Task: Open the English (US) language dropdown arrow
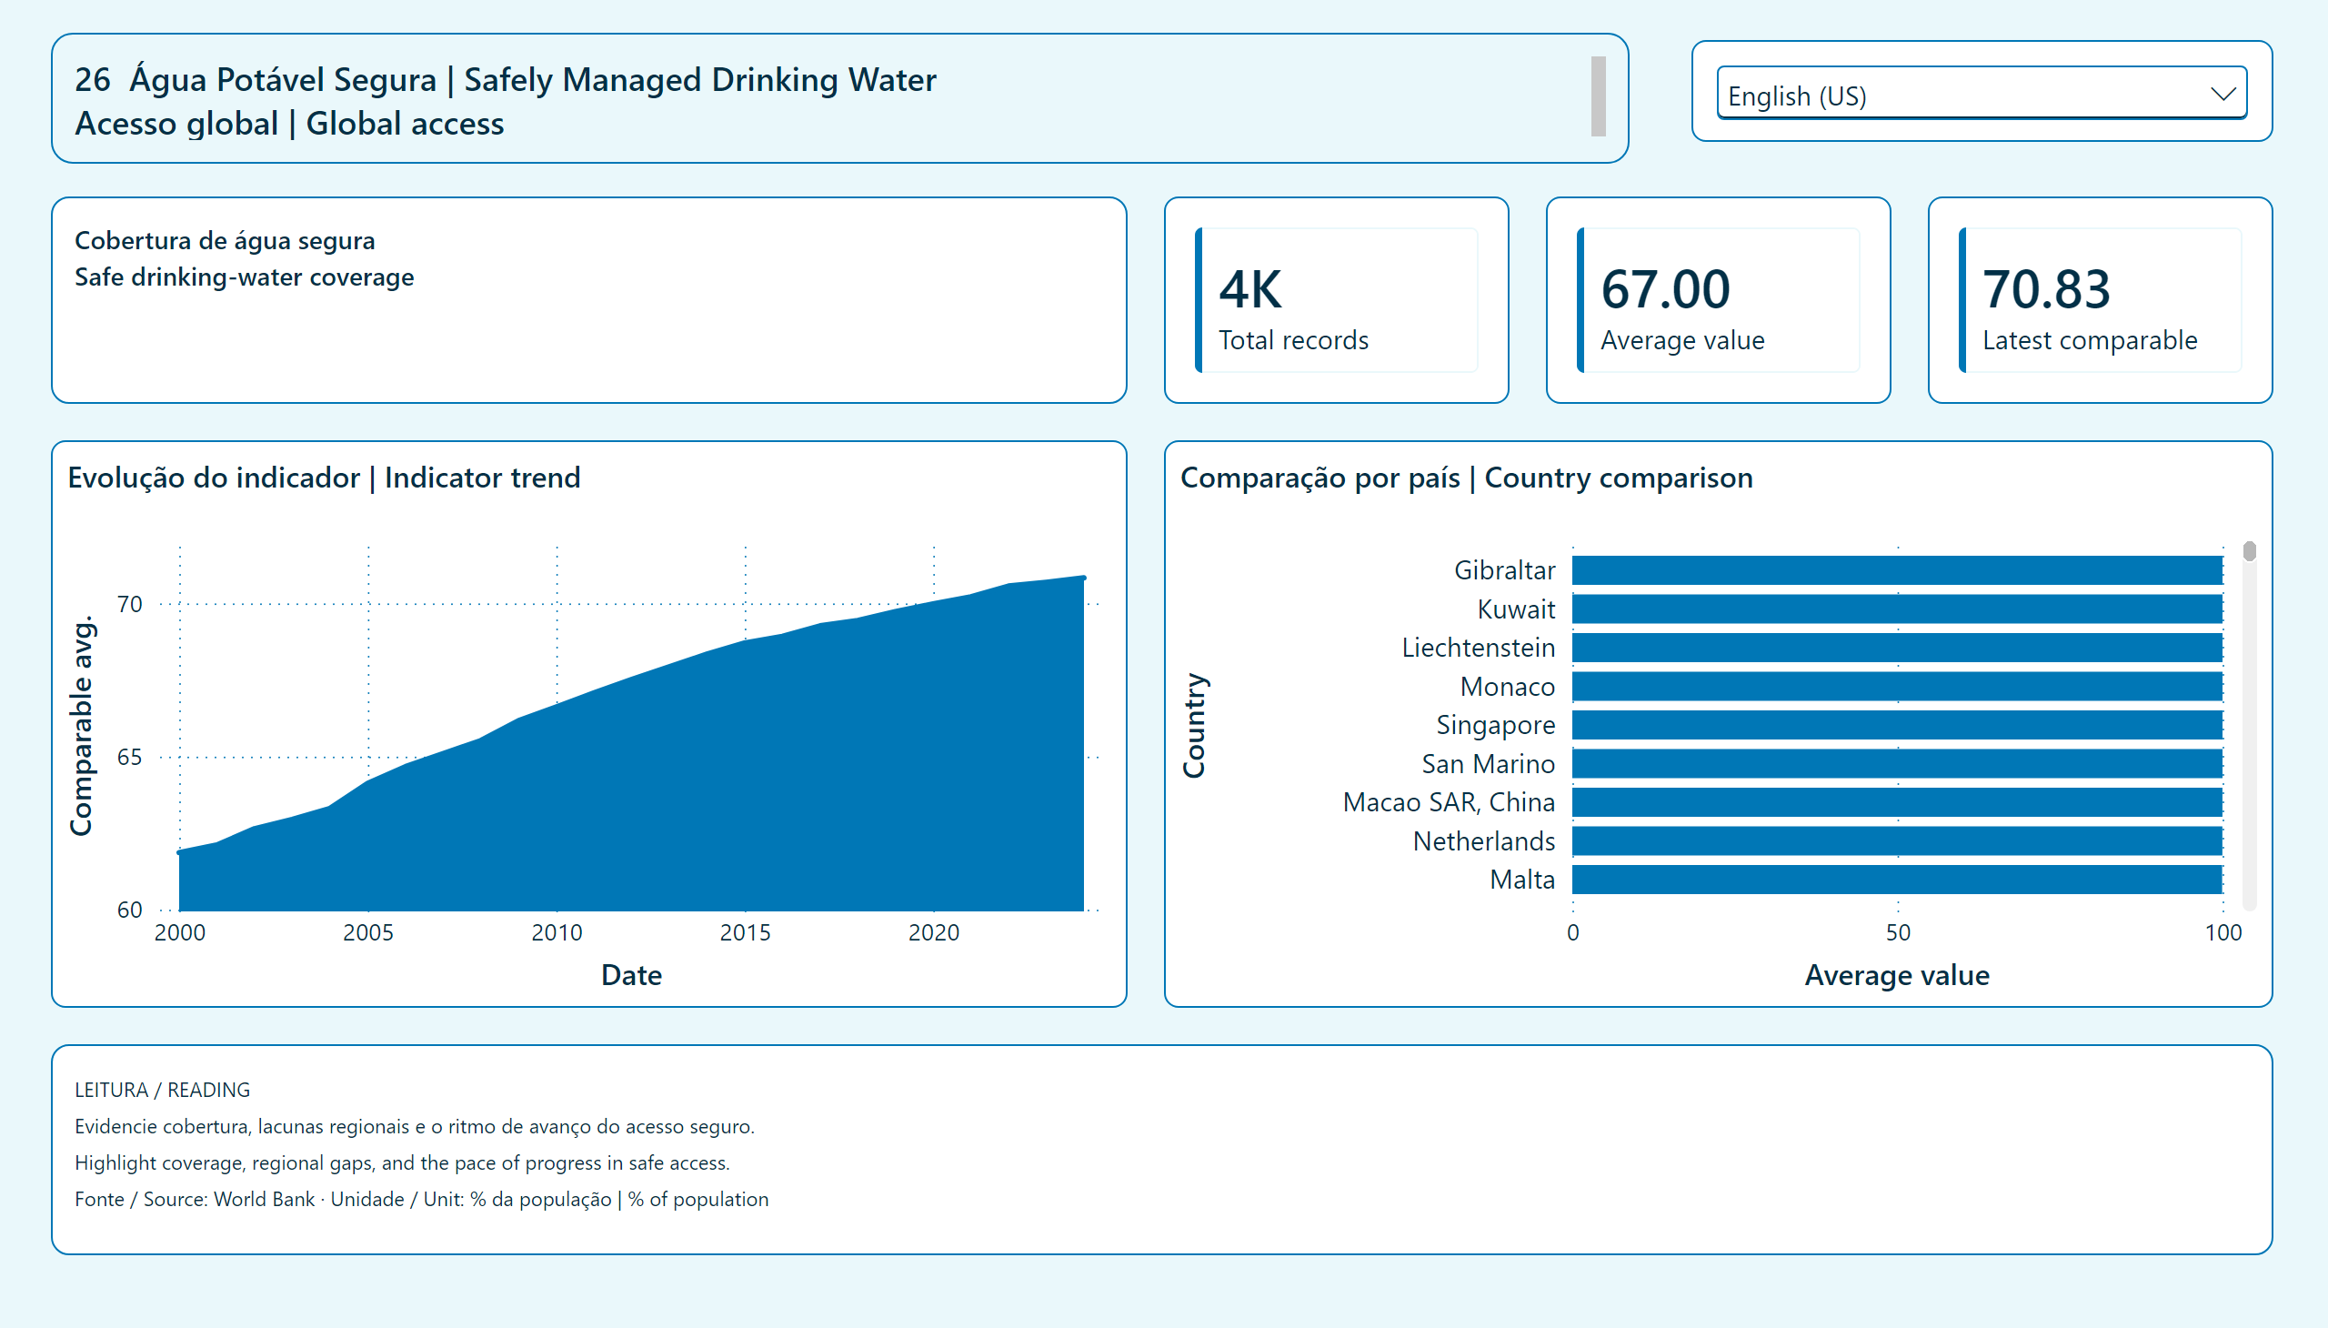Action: pos(2223,94)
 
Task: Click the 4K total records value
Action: pos(1250,289)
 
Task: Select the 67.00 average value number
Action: pos(1665,289)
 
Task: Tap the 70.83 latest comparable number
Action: pos(2046,289)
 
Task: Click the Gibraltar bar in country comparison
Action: pos(1898,570)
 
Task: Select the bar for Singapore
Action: pos(1898,725)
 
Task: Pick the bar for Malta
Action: pos(1898,880)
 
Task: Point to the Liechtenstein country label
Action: pos(1478,648)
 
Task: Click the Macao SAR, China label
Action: pos(1449,802)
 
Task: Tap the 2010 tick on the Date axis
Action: pos(557,932)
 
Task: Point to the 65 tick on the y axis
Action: pos(129,757)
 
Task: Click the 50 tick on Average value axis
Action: pos(1899,932)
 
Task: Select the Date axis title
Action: pos(631,975)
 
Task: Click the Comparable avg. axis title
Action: pos(82,725)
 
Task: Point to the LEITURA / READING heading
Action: pos(162,1090)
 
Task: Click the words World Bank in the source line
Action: pos(265,1200)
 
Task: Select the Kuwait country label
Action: pos(1517,609)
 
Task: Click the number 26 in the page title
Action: pos(92,80)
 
